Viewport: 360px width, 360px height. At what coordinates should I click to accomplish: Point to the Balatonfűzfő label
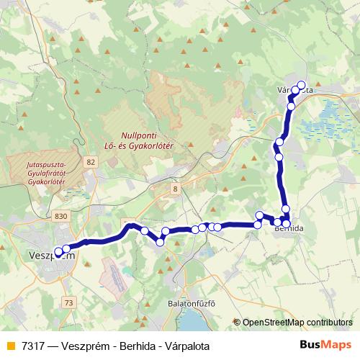191,303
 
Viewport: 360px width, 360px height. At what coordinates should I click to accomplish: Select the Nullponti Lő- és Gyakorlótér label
149,140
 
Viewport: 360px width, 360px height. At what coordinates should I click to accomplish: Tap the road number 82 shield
89,162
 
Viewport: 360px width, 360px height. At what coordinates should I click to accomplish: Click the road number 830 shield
61,215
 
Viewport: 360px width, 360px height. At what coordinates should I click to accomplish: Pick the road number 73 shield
68,303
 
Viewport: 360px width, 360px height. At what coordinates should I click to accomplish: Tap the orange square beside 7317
10,346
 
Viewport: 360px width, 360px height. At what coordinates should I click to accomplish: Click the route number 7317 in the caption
33,346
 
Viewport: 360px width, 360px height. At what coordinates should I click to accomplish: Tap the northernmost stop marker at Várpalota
301,85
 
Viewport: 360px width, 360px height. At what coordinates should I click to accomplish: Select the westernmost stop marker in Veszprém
59,252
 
